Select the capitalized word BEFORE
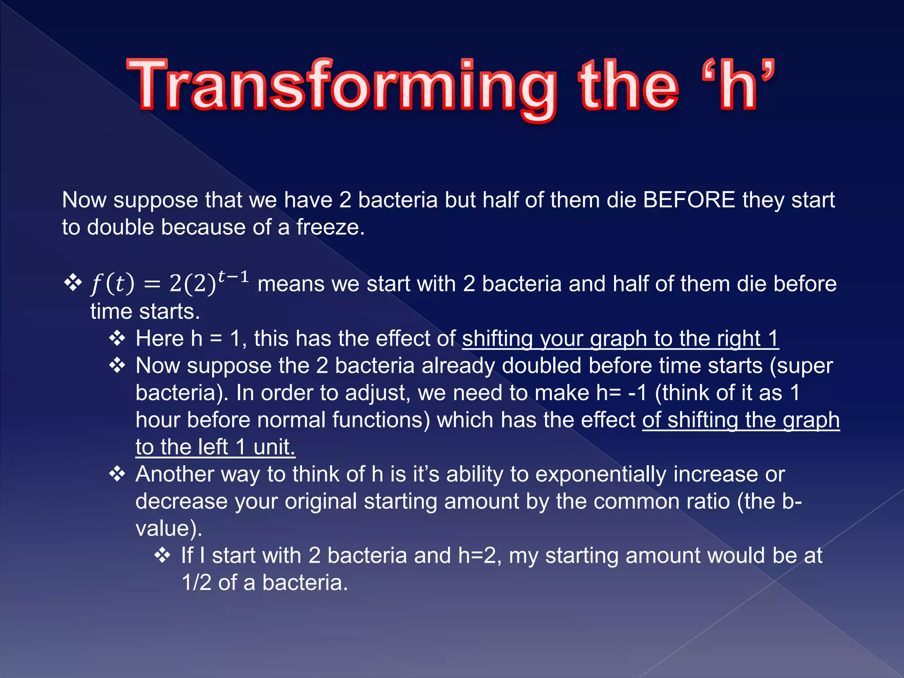point(689,200)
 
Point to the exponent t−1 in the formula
point(234,277)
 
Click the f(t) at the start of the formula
point(112,284)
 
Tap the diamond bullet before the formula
point(73,282)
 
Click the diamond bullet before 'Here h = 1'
point(117,339)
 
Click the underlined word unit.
point(274,447)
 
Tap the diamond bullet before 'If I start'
point(162,556)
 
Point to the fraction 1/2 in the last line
point(196,583)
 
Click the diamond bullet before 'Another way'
point(117,475)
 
